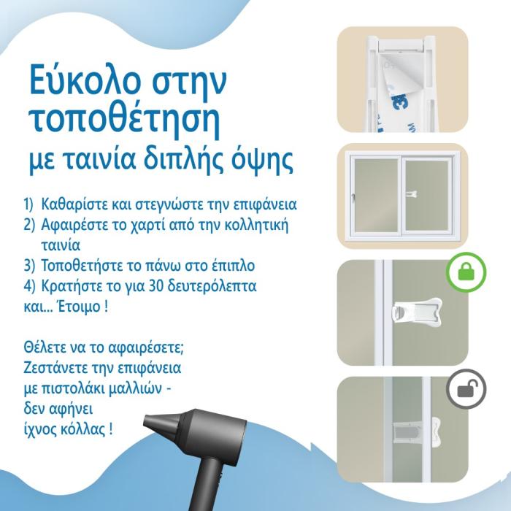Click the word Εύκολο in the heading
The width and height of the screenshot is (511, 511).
85,79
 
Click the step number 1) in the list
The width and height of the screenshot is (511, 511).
28,204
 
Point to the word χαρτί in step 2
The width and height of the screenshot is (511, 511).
141,225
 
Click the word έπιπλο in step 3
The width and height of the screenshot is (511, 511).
233,266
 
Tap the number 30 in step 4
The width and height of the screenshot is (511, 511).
156,286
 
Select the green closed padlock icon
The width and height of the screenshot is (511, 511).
466,272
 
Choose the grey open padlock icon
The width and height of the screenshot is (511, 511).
466,389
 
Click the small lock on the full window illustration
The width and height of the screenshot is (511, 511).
411,194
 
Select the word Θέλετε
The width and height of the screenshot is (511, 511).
45,347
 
